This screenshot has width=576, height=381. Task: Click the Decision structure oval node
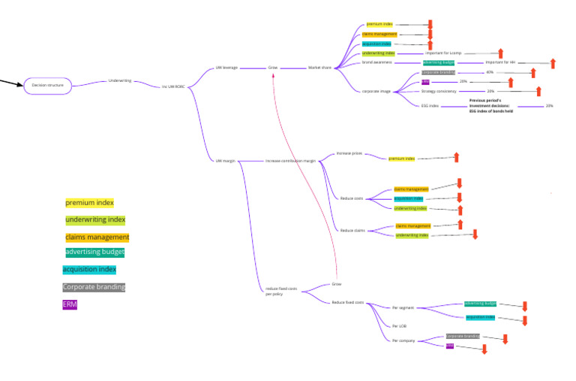pos(47,86)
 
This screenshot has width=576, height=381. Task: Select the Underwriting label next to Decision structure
pos(120,80)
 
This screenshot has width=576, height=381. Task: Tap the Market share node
pos(319,68)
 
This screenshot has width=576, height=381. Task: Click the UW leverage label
pos(226,68)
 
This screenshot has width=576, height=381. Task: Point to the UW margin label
pos(224,161)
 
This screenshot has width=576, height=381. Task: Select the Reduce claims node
pos(352,231)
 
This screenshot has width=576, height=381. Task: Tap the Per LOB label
pos(400,326)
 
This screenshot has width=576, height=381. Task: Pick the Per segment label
pos(403,307)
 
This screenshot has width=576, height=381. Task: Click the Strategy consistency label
pos(439,92)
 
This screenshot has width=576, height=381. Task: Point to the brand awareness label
pos(378,62)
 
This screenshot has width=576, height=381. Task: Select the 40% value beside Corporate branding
pos(490,72)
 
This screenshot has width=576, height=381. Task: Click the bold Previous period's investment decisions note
pos(490,105)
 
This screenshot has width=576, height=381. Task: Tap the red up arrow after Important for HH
pos(553,62)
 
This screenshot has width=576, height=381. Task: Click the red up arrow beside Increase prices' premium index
pos(456,157)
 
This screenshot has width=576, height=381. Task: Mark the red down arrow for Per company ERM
pos(484,348)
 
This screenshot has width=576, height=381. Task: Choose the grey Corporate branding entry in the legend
pos(94,287)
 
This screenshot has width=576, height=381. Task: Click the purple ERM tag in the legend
pos(70,304)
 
